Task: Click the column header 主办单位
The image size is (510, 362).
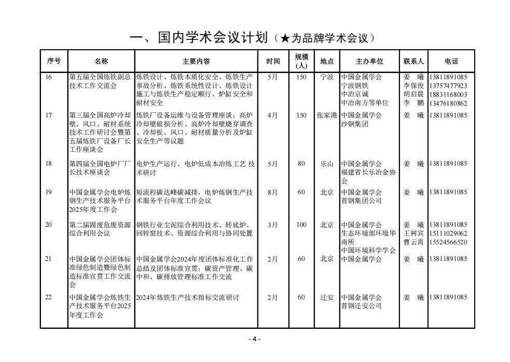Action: pos(369,61)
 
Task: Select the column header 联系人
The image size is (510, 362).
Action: pos(413,61)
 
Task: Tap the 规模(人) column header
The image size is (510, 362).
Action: pos(301,61)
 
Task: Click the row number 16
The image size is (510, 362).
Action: pos(49,77)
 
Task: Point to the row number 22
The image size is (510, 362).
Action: pos(49,297)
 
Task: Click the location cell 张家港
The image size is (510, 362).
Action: pos(327,115)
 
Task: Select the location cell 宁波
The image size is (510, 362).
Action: pos(327,77)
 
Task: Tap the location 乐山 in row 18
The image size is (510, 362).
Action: pos(327,164)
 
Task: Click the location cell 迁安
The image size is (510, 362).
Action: pos(327,297)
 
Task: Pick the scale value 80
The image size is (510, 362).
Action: pos(301,164)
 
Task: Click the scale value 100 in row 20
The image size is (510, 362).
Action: pos(301,225)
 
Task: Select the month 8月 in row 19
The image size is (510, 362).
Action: pos(272,192)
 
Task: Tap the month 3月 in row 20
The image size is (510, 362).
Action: pos(272,225)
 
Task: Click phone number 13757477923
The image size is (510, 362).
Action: pos(448,86)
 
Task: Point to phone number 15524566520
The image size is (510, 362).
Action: pos(448,242)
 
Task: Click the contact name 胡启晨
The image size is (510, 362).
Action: pos(413,94)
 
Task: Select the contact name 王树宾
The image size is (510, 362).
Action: pos(413,234)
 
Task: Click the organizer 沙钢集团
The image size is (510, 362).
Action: pos(355,124)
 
